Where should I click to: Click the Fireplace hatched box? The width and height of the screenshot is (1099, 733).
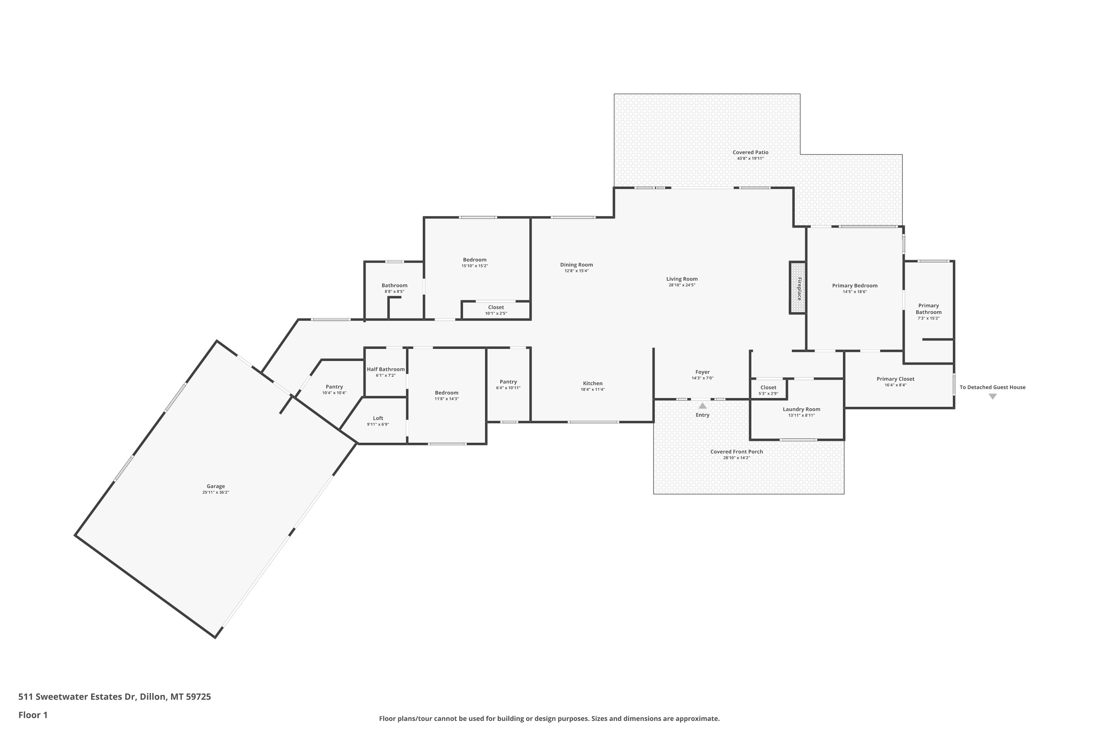tap(798, 287)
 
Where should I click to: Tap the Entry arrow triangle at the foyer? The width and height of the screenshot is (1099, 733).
tap(703, 405)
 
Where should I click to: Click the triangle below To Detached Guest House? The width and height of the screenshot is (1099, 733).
tap(993, 397)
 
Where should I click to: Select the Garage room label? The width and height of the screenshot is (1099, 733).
tap(216, 486)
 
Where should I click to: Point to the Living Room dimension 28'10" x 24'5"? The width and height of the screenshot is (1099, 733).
tap(682, 285)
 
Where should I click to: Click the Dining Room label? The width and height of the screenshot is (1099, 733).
tap(577, 265)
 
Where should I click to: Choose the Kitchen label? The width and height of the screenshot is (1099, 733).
tap(592, 383)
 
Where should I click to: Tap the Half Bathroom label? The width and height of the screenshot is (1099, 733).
tap(386, 369)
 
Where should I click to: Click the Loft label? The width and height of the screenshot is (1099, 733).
tap(378, 419)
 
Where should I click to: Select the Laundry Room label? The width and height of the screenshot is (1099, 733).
tap(802, 409)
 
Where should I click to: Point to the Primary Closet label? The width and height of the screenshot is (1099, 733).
tap(895, 379)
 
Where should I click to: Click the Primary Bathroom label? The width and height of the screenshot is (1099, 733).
tap(928, 309)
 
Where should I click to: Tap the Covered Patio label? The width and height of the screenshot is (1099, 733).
tap(750, 152)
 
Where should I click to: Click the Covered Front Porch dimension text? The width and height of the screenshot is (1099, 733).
tap(736, 458)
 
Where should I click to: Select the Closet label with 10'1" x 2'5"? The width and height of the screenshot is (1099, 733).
tap(496, 307)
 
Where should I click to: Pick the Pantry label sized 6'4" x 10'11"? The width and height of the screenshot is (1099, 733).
tap(508, 382)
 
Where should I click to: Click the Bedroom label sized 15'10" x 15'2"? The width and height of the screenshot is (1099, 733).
tap(475, 260)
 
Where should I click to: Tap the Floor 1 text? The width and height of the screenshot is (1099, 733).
tap(33, 715)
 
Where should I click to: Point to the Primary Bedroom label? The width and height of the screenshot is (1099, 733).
tap(855, 286)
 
